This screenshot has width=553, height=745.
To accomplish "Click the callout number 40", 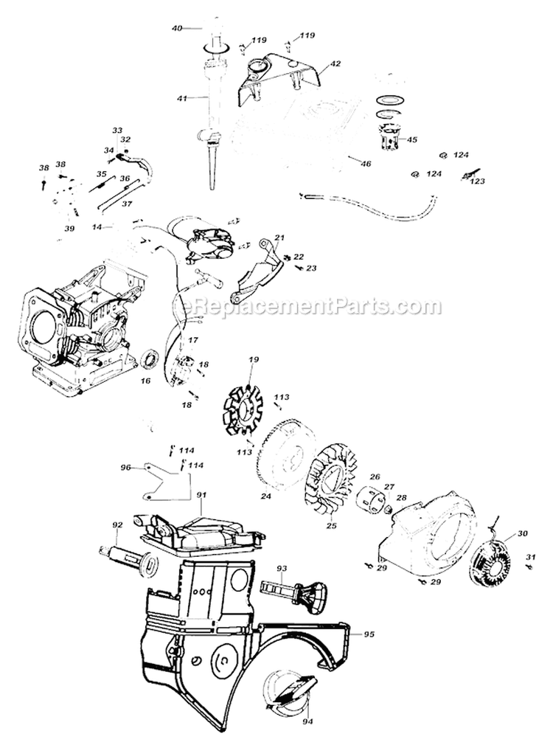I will click(177, 28).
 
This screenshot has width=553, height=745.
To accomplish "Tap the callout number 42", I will click(335, 64).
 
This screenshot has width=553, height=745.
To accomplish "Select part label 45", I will click(411, 139).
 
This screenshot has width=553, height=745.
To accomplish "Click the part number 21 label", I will click(279, 237).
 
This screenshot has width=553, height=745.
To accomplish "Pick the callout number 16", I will click(145, 381).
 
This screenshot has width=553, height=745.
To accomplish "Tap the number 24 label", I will click(265, 496).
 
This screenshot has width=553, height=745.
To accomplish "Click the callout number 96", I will click(125, 467).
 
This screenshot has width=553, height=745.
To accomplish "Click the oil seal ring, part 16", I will click(150, 361).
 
